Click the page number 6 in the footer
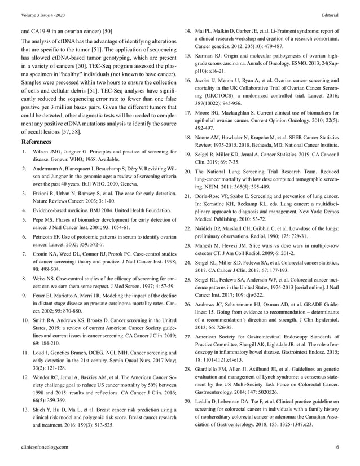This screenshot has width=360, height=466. (337, 447)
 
